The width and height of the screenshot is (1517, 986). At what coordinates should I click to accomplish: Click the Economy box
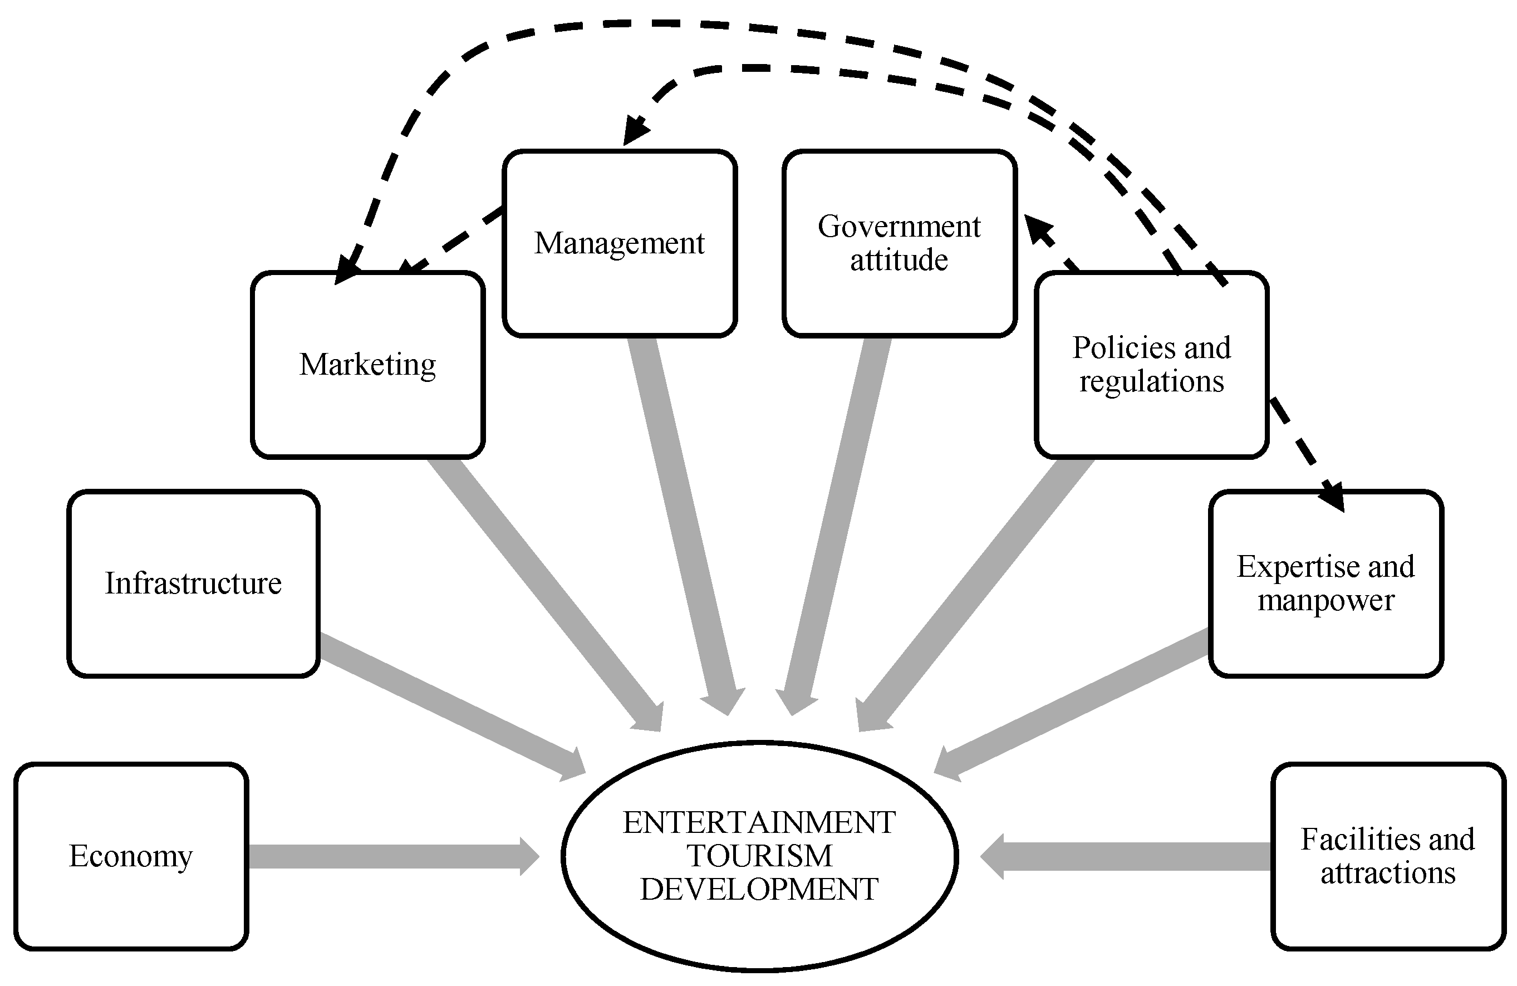click(x=131, y=856)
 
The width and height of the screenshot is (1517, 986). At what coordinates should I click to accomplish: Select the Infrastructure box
click(x=193, y=583)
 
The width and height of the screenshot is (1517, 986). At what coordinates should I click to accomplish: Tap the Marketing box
click(x=368, y=365)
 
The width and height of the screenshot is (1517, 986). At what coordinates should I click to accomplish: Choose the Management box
click(x=620, y=243)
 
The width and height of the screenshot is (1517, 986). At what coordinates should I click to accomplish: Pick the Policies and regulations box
click(x=1151, y=365)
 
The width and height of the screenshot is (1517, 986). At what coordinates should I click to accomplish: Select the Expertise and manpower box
click(x=1326, y=583)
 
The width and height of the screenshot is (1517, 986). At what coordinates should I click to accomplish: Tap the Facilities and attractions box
click(x=1388, y=856)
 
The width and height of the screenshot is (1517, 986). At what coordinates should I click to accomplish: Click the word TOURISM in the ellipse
click(x=759, y=856)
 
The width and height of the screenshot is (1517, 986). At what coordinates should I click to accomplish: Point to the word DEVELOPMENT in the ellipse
click(x=759, y=889)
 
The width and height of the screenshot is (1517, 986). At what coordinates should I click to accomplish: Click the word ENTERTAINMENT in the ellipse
click(x=759, y=823)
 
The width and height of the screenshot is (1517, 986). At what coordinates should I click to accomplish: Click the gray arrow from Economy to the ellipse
click(x=389, y=856)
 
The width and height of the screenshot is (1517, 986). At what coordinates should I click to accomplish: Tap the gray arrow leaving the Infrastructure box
click(x=446, y=704)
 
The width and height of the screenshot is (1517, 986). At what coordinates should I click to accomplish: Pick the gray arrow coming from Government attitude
click(x=835, y=523)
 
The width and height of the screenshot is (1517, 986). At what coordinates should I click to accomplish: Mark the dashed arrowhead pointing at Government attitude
click(x=1039, y=229)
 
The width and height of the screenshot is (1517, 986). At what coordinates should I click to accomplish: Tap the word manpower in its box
click(x=1326, y=600)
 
